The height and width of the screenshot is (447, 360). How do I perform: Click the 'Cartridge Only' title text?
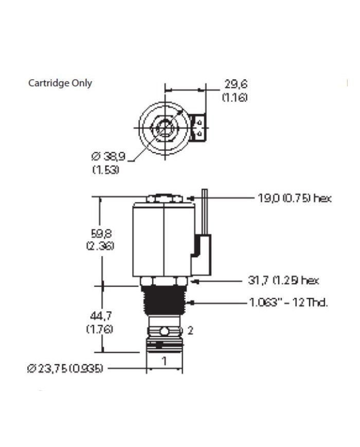tap(60, 83)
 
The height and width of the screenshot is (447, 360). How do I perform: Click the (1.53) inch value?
tap(106, 169)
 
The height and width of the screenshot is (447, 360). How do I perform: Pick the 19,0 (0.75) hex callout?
tap(294, 198)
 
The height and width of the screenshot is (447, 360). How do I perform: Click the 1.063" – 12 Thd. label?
tap(289, 302)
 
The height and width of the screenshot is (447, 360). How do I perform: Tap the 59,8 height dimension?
tap(99, 234)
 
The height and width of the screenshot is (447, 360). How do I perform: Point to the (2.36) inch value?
tap(100, 246)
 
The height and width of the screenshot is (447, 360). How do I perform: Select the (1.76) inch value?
tap(99, 329)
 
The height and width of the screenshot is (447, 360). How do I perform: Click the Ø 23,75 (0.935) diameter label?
tap(66, 368)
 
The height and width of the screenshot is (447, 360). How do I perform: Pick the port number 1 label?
tap(164, 361)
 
